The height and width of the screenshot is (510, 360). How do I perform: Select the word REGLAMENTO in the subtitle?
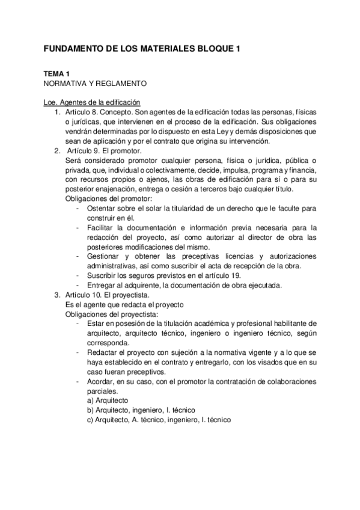116,83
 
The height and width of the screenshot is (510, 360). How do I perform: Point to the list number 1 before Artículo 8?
57,112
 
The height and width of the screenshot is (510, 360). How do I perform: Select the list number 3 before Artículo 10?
57,295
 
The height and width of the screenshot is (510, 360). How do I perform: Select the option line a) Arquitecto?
108,401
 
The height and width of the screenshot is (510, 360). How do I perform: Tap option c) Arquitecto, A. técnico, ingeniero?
159,420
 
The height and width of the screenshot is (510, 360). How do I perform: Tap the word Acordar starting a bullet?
100,381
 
